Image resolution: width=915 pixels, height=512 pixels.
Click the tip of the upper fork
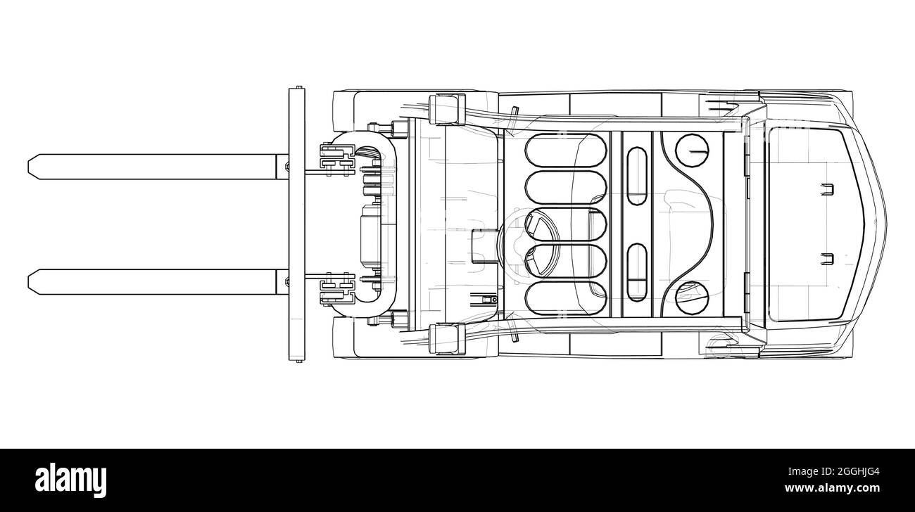click(28, 167)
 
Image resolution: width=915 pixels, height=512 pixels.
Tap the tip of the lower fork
click(28, 282)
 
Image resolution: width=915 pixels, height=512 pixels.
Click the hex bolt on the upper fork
click(286, 166)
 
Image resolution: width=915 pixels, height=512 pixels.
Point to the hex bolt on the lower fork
click(286, 281)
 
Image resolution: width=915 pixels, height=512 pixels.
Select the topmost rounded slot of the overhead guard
click(566, 151)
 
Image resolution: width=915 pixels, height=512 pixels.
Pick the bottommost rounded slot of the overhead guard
click(566, 298)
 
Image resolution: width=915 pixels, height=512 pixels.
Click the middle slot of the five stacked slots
click(566, 224)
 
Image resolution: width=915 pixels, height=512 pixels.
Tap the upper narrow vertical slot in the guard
click(637, 176)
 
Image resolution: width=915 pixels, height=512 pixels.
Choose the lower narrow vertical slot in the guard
click(637, 272)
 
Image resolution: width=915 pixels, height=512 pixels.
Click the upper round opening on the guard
click(692, 151)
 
